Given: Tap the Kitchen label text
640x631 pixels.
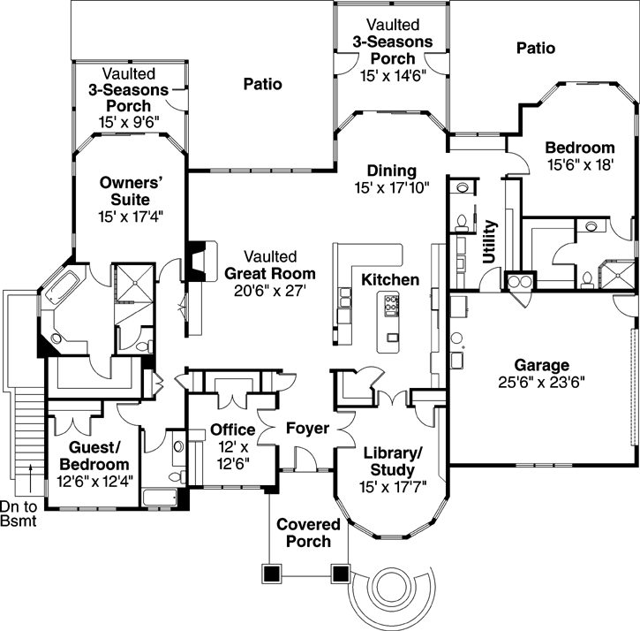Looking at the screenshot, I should pyautogui.click(x=390, y=280).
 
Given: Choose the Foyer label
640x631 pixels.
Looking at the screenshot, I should pyautogui.click(x=307, y=429).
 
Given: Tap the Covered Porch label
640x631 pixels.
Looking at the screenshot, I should pyautogui.click(x=303, y=533).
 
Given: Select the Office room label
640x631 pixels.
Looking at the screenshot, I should pyautogui.click(x=232, y=430).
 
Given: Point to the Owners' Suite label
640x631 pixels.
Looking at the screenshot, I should pyautogui.click(x=131, y=191).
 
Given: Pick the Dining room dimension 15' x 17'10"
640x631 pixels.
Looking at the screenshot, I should pyautogui.click(x=391, y=186).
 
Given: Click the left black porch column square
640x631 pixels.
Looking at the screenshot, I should pyautogui.click(x=271, y=573).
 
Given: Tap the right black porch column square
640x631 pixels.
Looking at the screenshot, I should pyautogui.click(x=341, y=573).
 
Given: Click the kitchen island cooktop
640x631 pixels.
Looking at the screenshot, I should pyautogui.click(x=391, y=308).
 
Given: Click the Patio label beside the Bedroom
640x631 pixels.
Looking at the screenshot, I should pyautogui.click(x=536, y=49).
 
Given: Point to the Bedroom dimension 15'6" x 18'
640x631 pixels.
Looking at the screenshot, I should pyautogui.click(x=579, y=164).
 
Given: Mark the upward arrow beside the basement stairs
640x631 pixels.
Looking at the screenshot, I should pyautogui.click(x=32, y=476).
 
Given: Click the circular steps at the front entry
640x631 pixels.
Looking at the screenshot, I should pyautogui.click(x=389, y=589).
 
